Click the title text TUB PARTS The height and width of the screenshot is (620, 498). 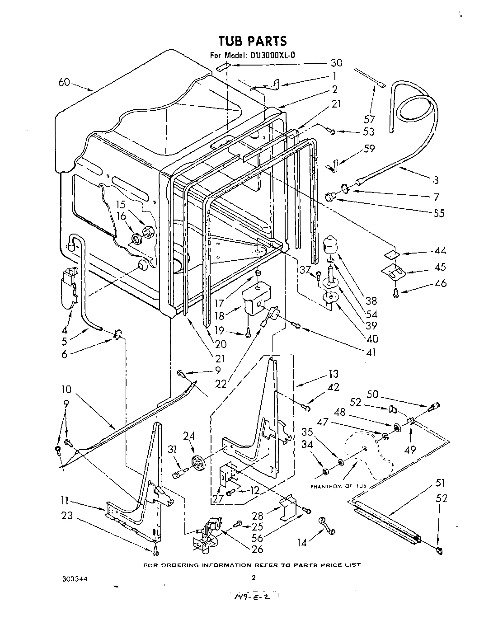(x=252, y=41)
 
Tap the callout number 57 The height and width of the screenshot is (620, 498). (x=369, y=119)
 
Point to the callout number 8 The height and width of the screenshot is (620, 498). (x=435, y=180)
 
